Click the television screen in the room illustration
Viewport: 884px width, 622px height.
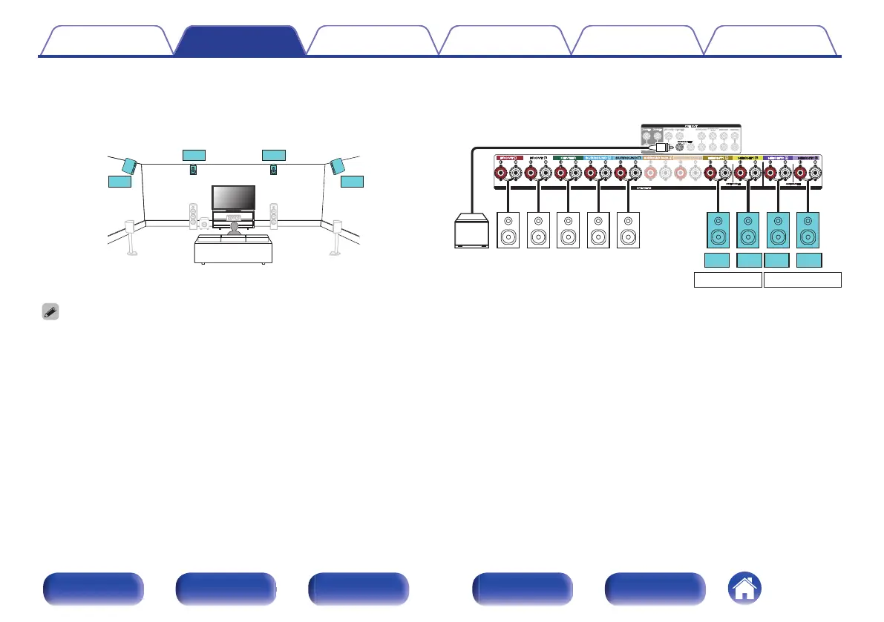[234, 198]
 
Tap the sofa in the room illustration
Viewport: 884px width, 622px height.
[233, 249]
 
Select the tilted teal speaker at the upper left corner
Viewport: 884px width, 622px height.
[128, 165]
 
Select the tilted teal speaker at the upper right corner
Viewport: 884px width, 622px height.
[338, 165]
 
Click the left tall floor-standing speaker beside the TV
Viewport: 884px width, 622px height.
[193, 216]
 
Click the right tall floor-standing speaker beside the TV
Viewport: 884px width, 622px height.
[274, 216]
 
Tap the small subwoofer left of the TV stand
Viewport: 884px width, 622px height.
[205, 221]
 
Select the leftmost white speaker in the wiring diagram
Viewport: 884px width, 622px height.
[508, 230]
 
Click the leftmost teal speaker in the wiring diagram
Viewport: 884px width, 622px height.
[718, 230]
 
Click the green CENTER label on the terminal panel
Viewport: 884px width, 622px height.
[568, 158]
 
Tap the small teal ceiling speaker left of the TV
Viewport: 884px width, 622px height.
[194, 170]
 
